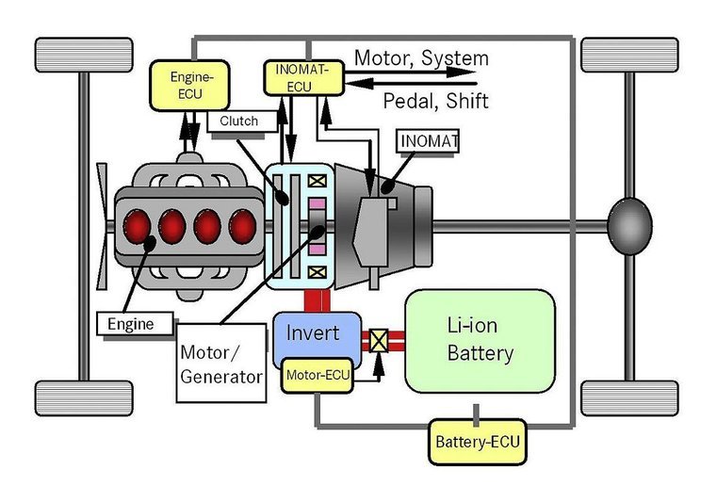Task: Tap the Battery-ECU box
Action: [x=475, y=441]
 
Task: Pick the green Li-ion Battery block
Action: [x=480, y=340]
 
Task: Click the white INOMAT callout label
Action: [x=428, y=142]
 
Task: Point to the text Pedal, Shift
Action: [x=435, y=100]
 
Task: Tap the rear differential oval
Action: [x=628, y=227]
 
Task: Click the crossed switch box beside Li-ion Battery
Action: [x=381, y=340]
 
